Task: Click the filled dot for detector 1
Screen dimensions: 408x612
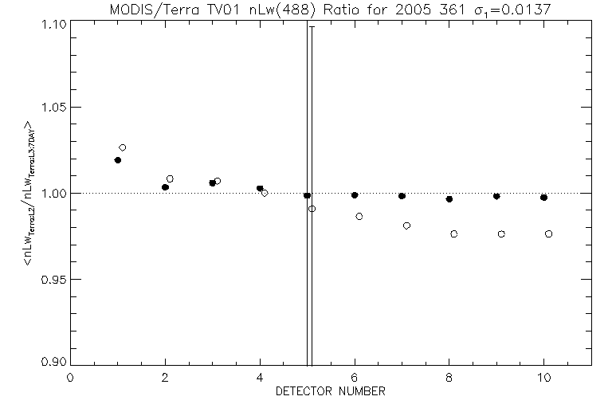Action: (x=118, y=160)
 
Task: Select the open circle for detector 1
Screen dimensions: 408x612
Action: (x=123, y=147)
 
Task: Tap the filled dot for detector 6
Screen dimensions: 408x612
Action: (x=355, y=195)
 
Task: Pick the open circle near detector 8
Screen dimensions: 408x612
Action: (x=454, y=234)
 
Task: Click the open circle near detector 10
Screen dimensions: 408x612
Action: (x=549, y=233)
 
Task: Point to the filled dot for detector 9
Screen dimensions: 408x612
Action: (x=496, y=196)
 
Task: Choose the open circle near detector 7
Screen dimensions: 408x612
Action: (x=406, y=226)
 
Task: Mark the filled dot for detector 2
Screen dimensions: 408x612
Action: (x=165, y=187)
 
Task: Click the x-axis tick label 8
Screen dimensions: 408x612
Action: (x=449, y=378)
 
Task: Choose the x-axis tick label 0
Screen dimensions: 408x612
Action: (x=71, y=378)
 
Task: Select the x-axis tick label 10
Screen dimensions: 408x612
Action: (x=543, y=378)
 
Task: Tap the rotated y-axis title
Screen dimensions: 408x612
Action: (x=29, y=192)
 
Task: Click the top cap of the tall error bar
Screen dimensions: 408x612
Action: (x=312, y=26)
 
